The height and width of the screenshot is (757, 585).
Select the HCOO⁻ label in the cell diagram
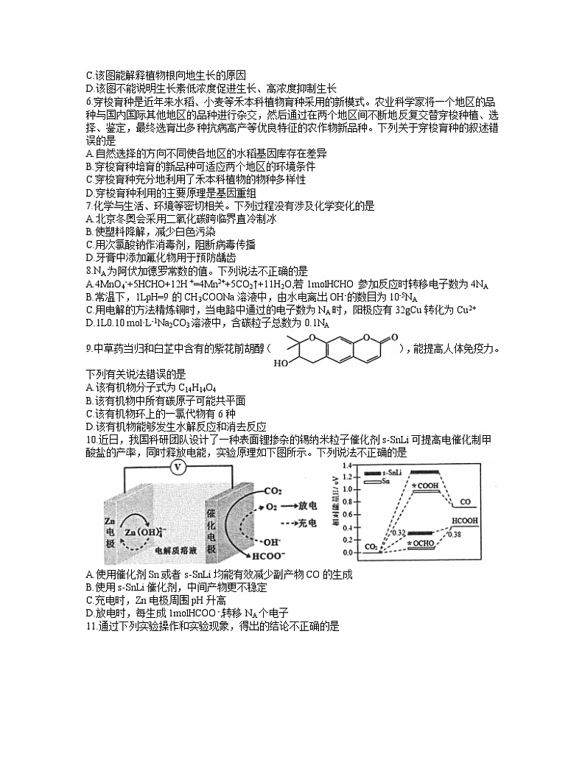pos(254,556)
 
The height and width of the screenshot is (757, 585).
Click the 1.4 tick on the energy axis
pos(348,468)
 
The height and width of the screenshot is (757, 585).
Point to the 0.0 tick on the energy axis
pos(348,552)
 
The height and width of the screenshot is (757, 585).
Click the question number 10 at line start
pos(91,440)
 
